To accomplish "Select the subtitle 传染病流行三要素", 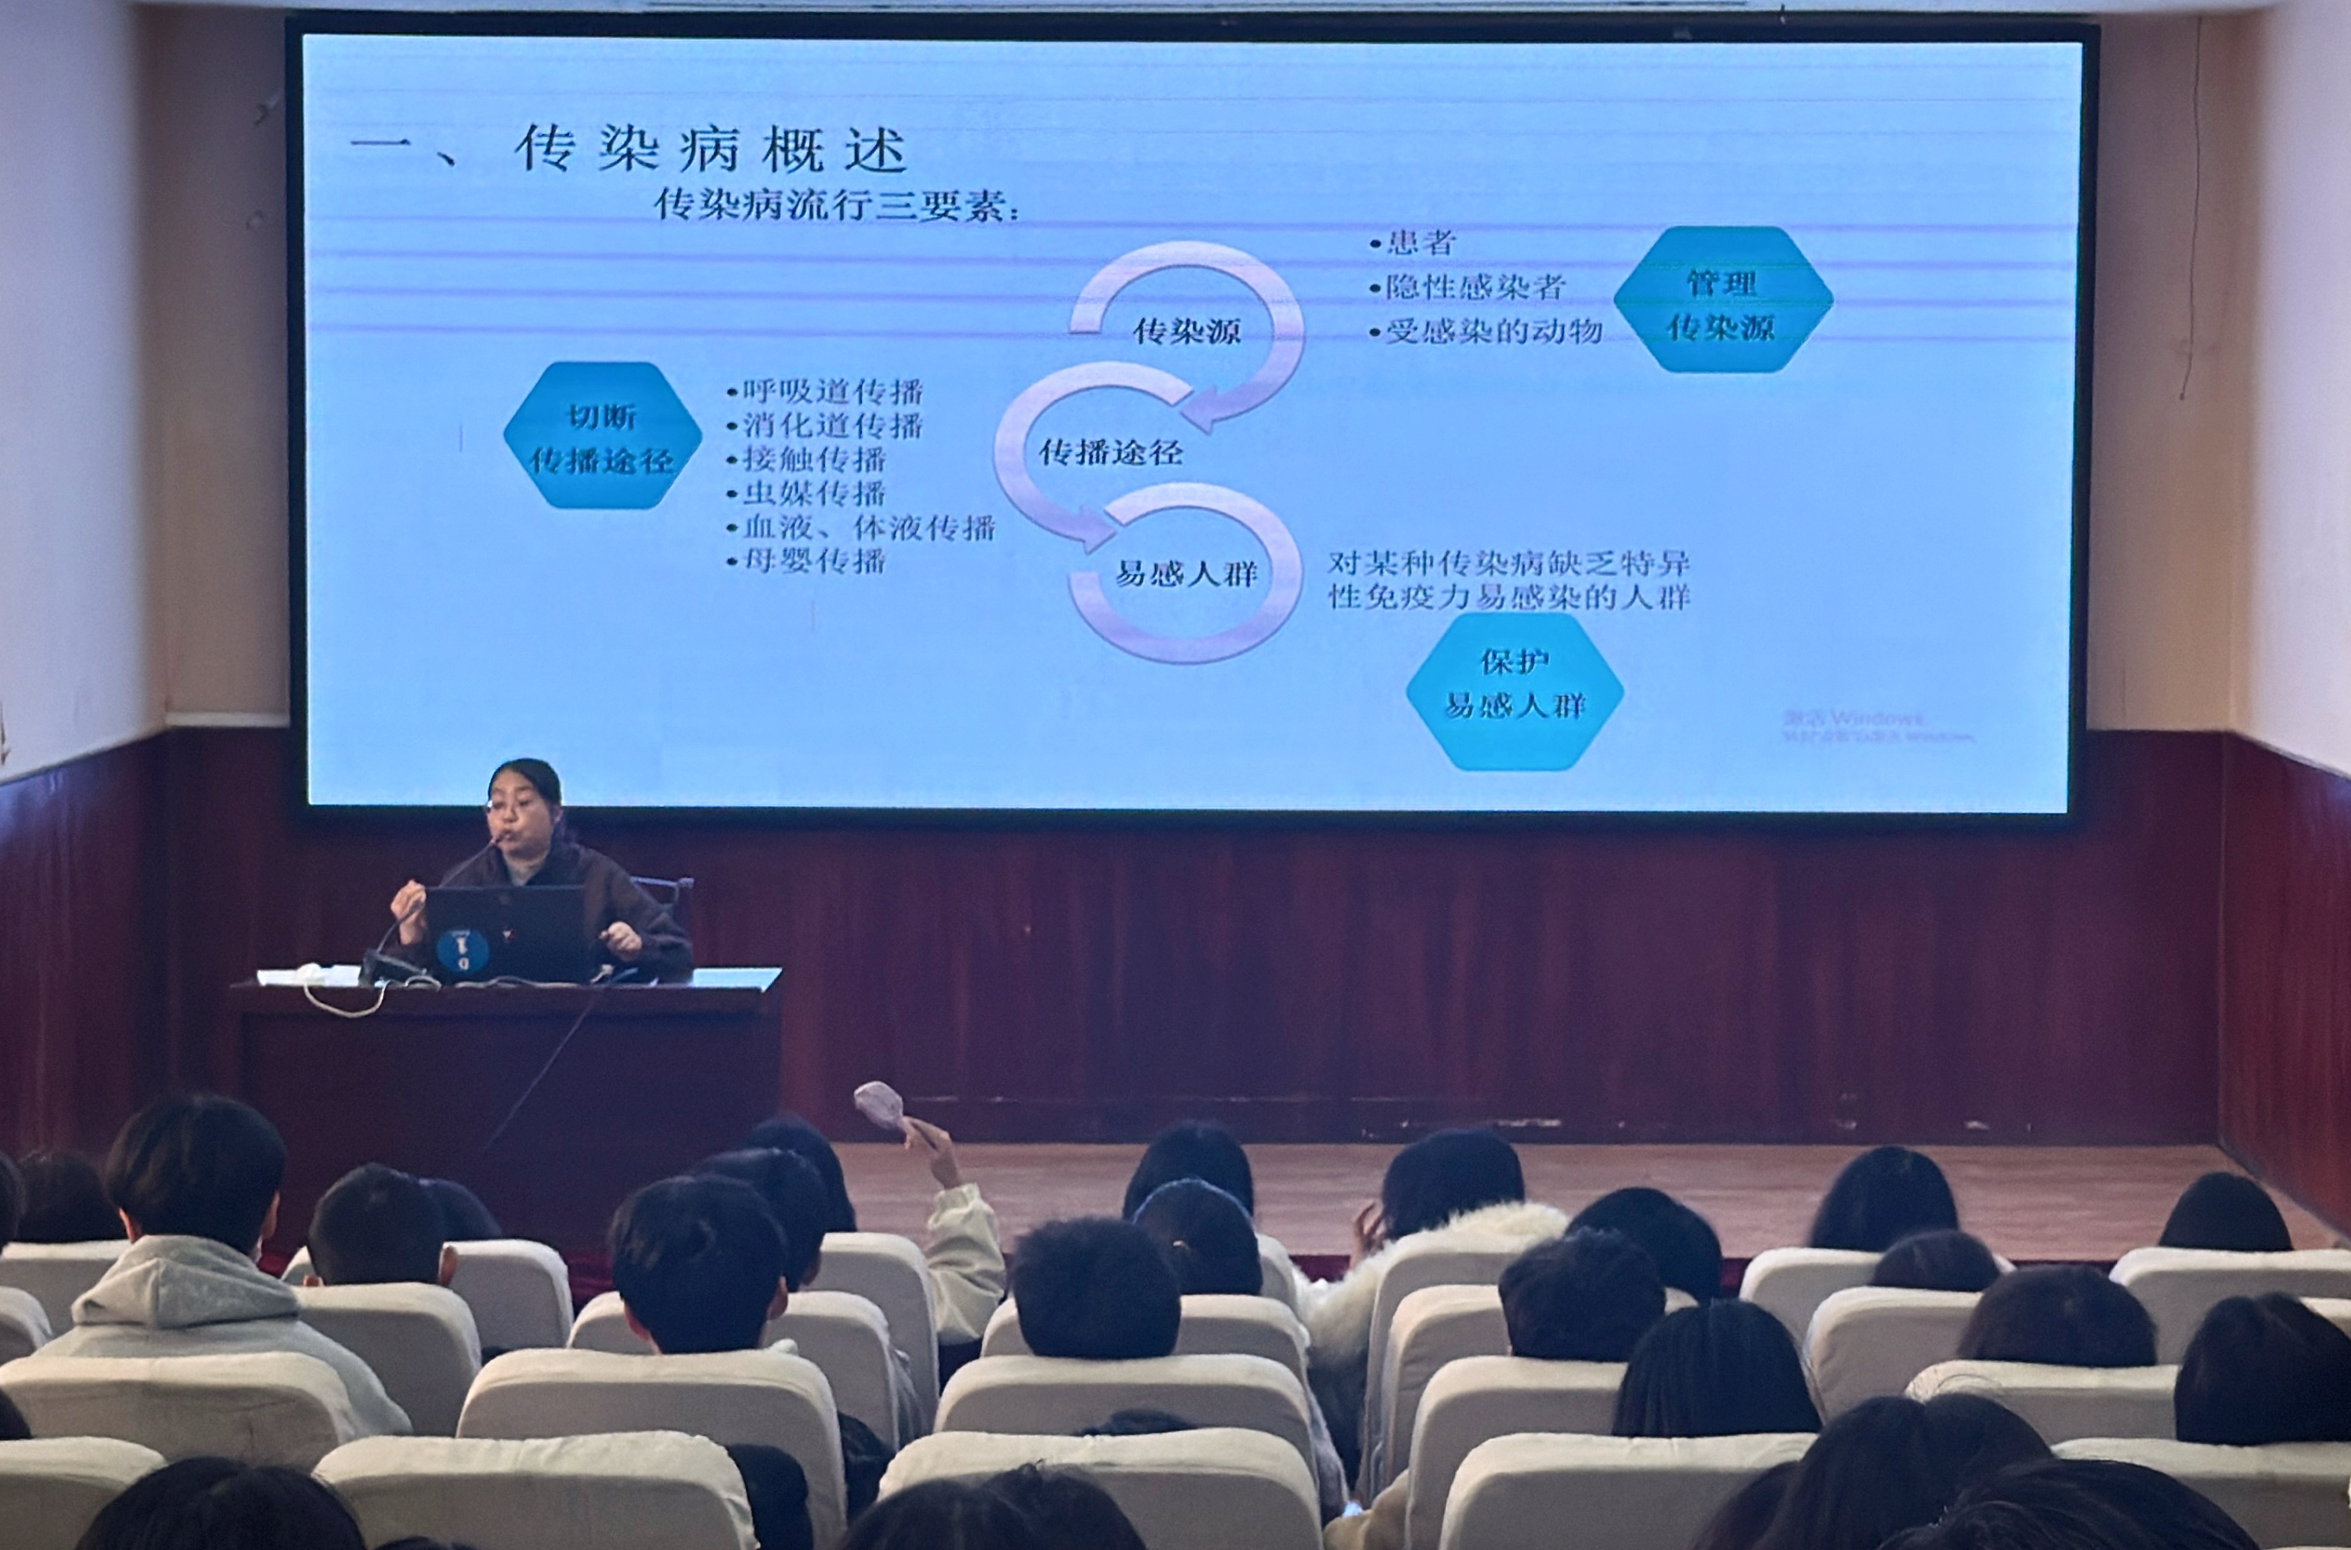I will [x=836, y=206].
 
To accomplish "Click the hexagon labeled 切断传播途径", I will [x=602, y=436].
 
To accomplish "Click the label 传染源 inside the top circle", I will [x=1186, y=331].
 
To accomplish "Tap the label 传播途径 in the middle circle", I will [x=1109, y=452].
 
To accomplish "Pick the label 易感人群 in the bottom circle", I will [x=1186, y=573].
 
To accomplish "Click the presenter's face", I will [x=521, y=809].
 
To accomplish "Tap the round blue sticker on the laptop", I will [x=462, y=950].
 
